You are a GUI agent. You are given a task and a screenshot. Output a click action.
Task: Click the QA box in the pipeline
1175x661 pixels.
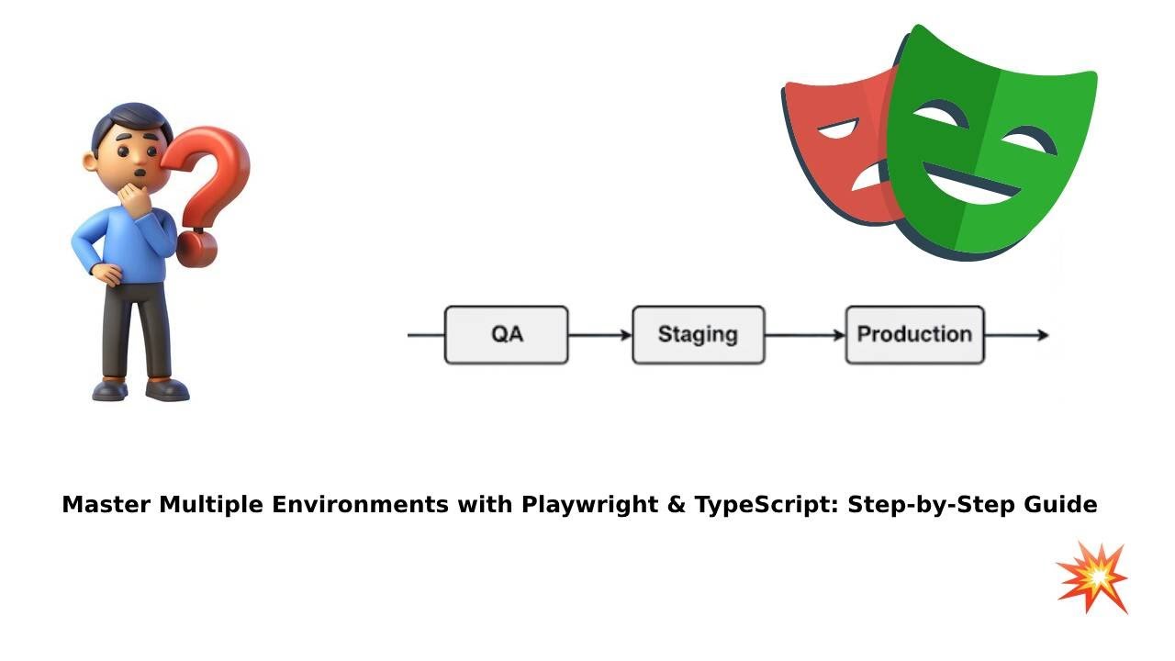coord(507,335)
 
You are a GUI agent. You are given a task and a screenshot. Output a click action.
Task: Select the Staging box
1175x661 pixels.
coord(698,335)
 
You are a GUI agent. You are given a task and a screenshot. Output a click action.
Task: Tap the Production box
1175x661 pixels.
coord(914,335)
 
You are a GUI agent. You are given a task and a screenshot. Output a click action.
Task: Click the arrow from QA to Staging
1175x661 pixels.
coord(600,335)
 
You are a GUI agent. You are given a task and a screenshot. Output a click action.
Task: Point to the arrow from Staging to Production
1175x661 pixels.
coord(804,335)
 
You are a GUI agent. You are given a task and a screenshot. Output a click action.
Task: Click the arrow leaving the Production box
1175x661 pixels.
coord(1016,335)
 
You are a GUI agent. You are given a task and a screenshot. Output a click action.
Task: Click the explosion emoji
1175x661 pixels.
coord(1092,577)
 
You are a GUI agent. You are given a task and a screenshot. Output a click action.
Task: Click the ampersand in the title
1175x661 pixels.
coord(676,505)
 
